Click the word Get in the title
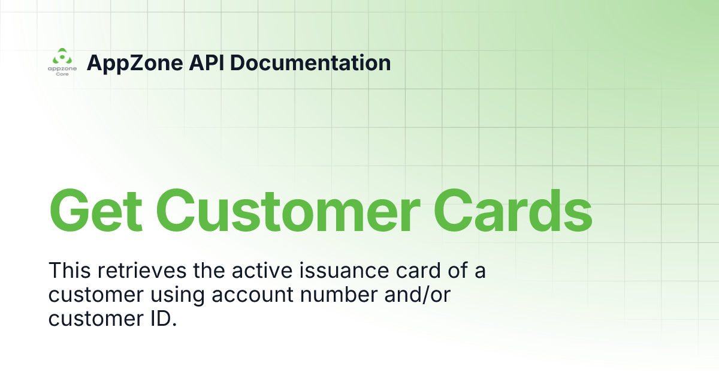tap(96, 211)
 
